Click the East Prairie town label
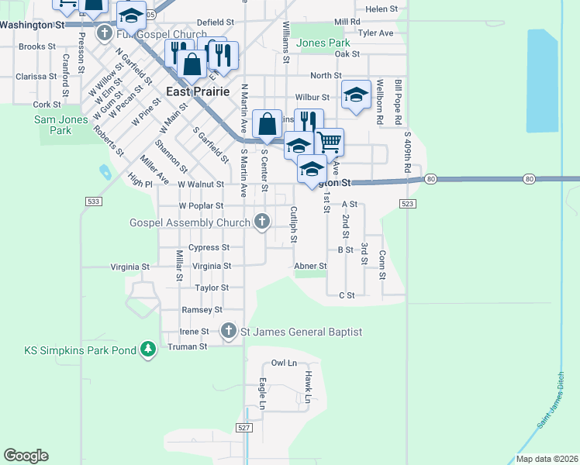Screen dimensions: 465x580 (199, 91)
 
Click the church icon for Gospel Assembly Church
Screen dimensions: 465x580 (262, 222)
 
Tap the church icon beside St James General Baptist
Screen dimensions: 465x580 (228, 332)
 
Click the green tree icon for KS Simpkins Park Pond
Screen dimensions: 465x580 (148, 350)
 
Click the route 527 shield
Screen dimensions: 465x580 (244, 428)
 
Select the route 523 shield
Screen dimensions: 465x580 (408, 203)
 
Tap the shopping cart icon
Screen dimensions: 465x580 (329, 141)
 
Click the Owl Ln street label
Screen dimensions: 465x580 (284, 363)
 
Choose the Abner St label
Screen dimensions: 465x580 (310, 266)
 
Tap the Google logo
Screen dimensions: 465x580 (26, 456)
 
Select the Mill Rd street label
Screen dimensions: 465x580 (347, 22)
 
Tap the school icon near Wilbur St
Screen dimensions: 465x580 (355, 95)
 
